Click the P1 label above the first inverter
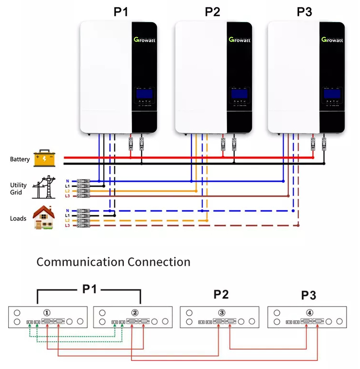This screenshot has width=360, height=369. tap(121, 12)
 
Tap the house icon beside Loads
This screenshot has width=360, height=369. tap(44, 218)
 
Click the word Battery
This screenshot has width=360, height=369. tap(20, 159)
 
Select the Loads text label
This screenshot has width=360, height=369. tap(18, 218)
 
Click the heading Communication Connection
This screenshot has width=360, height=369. tap(113, 262)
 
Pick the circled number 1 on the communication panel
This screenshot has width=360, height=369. tap(47, 312)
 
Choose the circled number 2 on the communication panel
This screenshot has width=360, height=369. tap(134, 312)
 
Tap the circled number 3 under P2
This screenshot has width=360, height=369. tap(221, 312)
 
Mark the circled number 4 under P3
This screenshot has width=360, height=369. tap(309, 312)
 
